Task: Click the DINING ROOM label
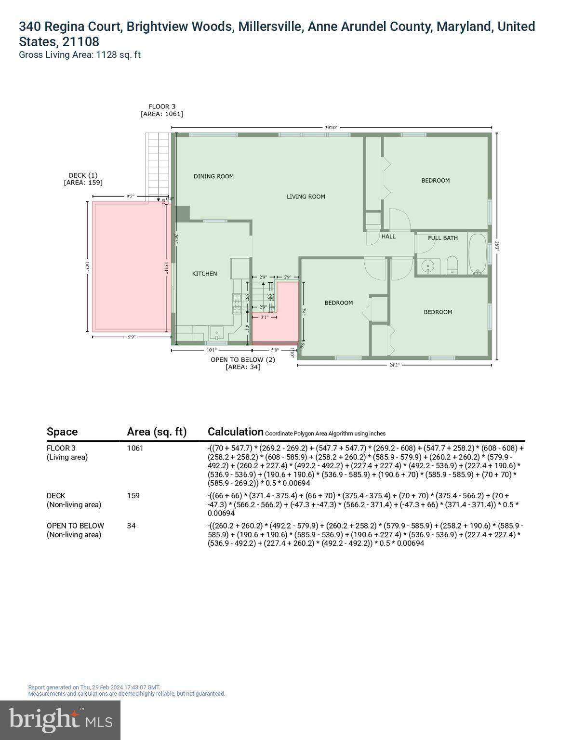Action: coord(213,176)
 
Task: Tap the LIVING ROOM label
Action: coord(306,197)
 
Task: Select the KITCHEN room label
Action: coord(204,274)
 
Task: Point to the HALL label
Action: coord(388,237)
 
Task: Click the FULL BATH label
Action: coord(443,238)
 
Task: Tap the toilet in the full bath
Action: coord(452,264)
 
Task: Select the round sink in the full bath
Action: coord(427,266)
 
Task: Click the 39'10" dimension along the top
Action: coord(331,128)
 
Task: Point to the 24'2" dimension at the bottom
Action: coord(394,365)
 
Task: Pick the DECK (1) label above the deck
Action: coord(83,179)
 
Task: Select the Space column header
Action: coord(62,432)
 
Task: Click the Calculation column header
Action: coord(235,432)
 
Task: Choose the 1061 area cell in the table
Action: coord(135,448)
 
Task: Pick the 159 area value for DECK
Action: coord(133,496)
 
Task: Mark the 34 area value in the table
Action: coord(131,526)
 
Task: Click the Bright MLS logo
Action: coord(60,720)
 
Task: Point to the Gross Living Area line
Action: coord(80,55)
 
